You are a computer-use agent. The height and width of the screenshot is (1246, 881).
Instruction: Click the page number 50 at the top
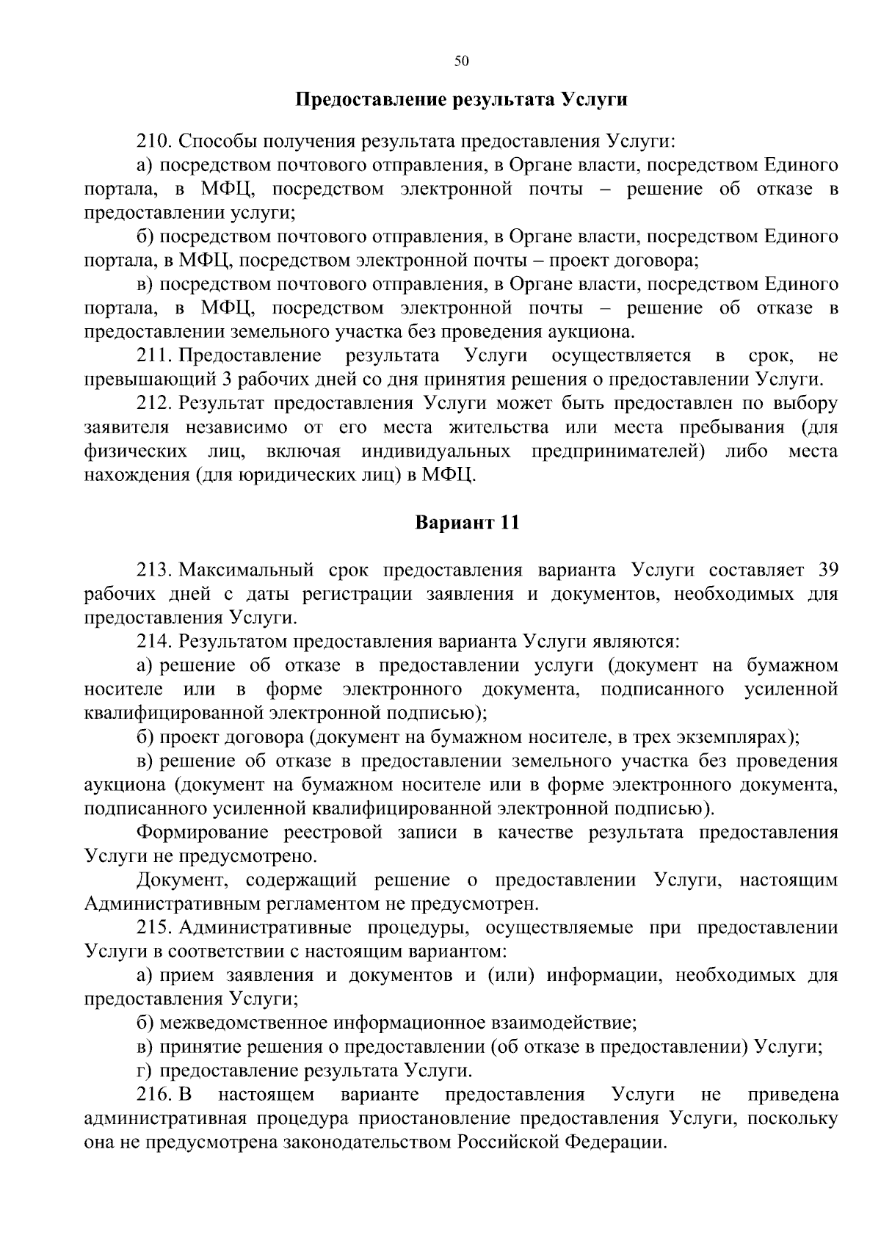click(461, 62)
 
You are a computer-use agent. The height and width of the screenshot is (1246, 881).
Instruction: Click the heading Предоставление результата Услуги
click(461, 99)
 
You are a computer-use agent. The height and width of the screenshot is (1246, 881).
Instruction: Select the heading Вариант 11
click(467, 523)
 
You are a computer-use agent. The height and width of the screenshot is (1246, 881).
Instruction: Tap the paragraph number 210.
click(153, 141)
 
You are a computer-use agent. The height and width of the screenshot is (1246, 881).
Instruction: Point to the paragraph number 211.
click(153, 356)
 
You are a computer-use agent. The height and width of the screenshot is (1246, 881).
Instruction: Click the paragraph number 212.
click(153, 403)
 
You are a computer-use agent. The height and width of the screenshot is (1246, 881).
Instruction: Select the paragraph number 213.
click(153, 571)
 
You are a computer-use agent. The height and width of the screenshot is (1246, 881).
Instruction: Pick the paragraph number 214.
click(153, 642)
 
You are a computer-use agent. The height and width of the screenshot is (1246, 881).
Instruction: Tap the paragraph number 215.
click(153, 927)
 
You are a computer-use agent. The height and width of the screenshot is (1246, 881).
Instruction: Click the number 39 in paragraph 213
click(827, 571)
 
